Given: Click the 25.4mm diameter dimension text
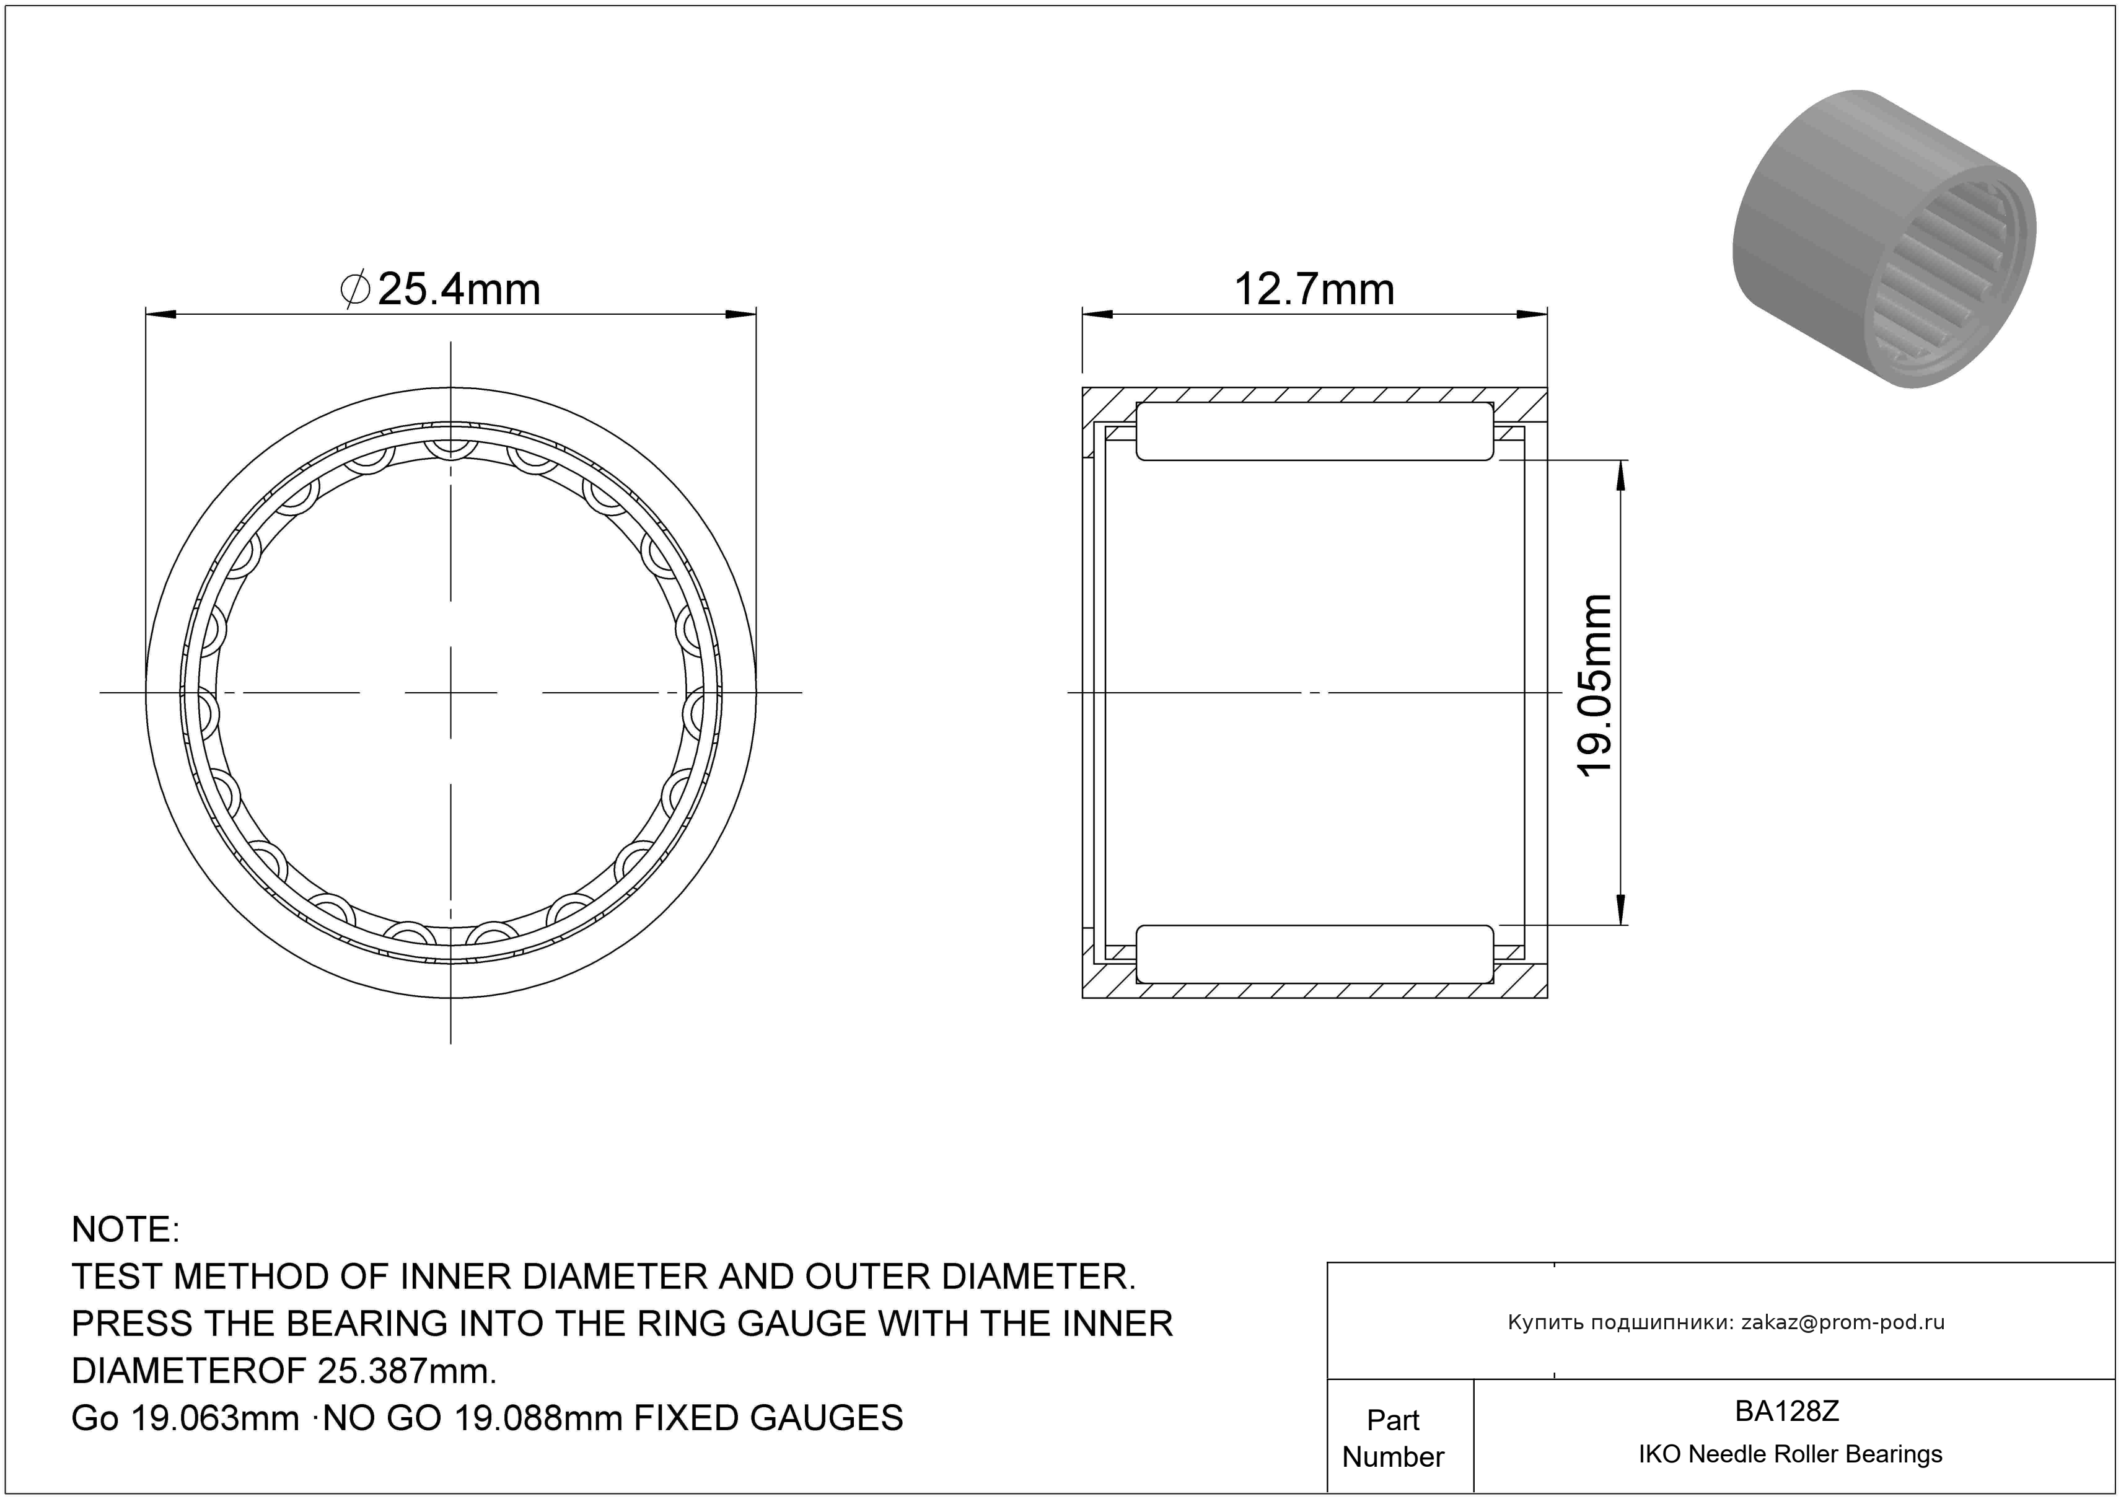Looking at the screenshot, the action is (459, 289).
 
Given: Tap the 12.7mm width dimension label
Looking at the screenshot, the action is (1314, 289).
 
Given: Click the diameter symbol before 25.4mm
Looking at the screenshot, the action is (356, 289).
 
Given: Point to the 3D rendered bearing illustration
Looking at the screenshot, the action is (1884, 239).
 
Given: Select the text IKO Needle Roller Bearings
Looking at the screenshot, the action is (1790, 1454).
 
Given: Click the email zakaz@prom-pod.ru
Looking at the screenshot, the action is (1843, 1322).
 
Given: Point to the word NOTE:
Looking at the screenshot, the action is (126, 1229).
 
